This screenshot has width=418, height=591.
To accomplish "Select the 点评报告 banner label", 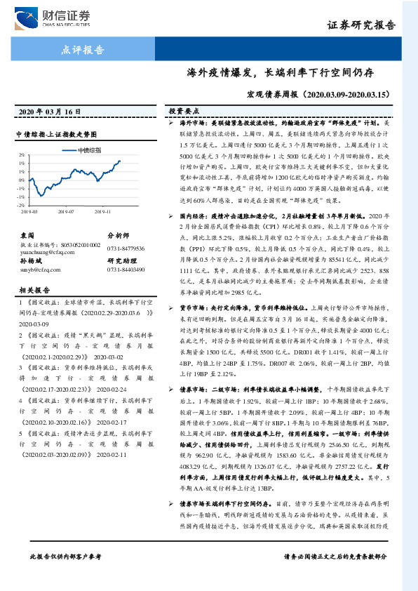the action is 83,50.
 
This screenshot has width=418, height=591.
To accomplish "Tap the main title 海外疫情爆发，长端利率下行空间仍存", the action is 279,72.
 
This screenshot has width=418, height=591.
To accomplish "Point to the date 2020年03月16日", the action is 49,112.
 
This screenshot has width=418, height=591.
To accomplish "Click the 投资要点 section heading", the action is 184,111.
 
